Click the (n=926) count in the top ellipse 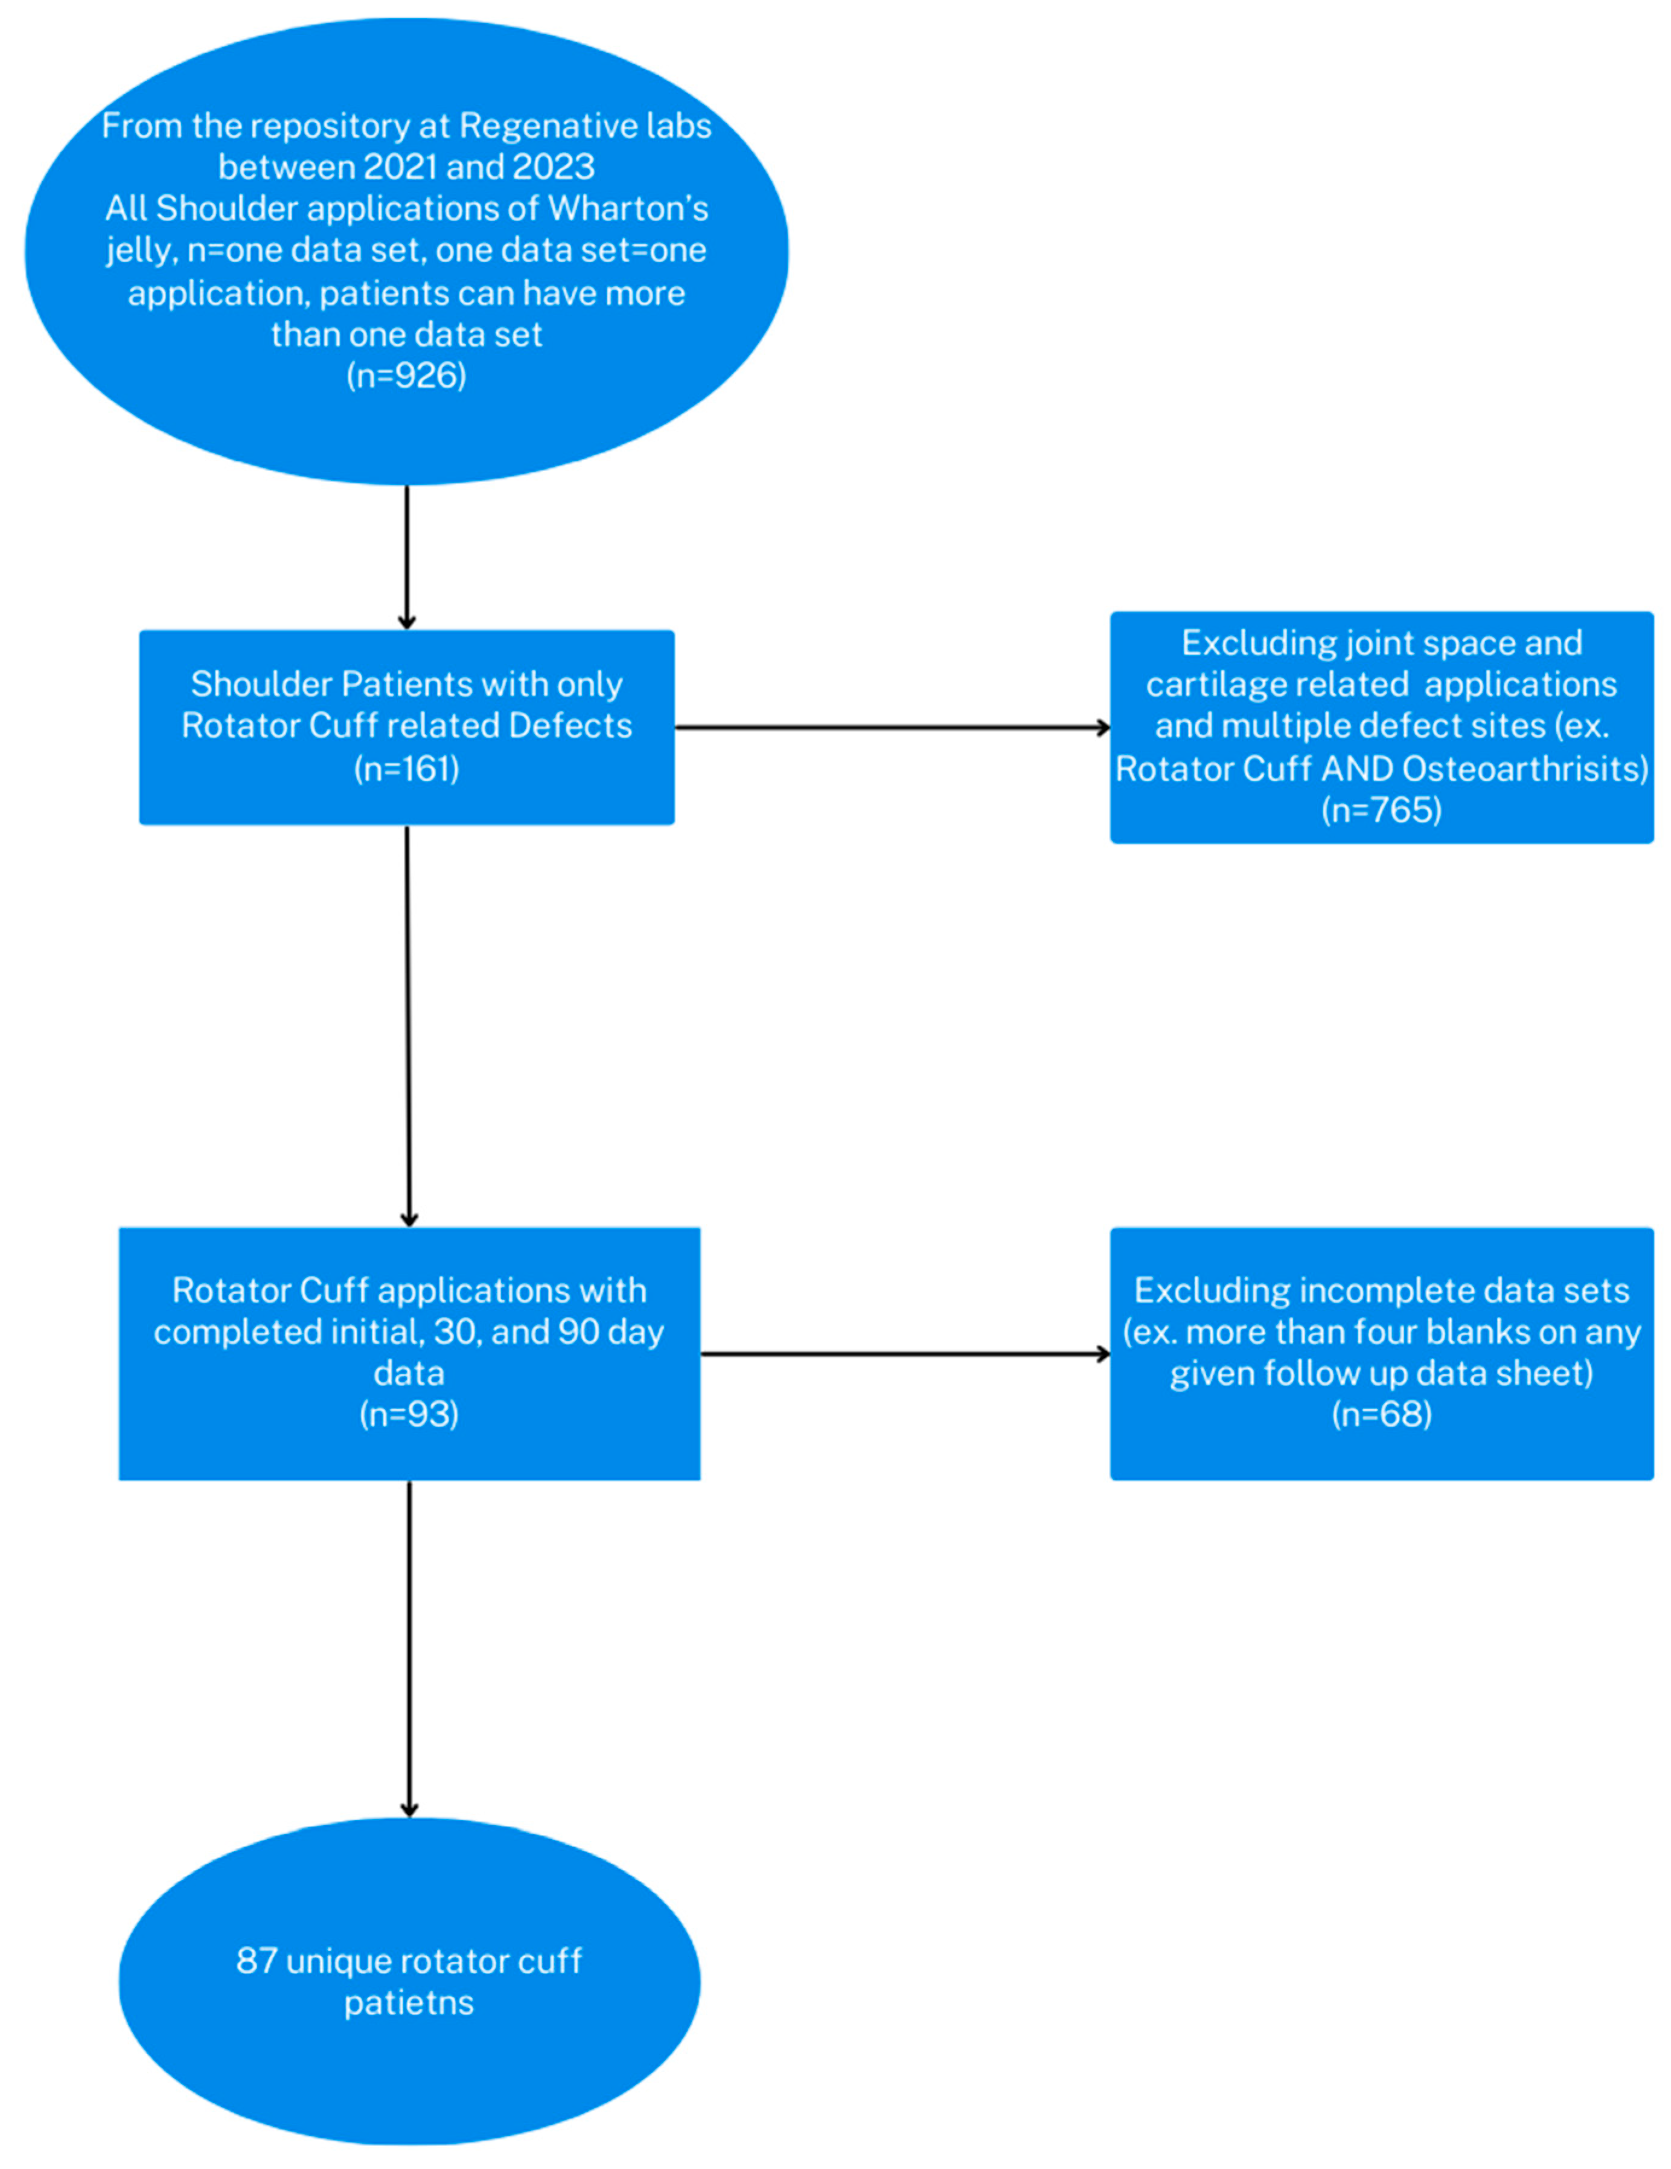[406, 376]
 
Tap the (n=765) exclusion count [1381, 809]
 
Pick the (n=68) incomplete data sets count [1381, 1414]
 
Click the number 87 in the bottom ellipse [256, 1961]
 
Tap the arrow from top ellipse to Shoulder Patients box [407, 556]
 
